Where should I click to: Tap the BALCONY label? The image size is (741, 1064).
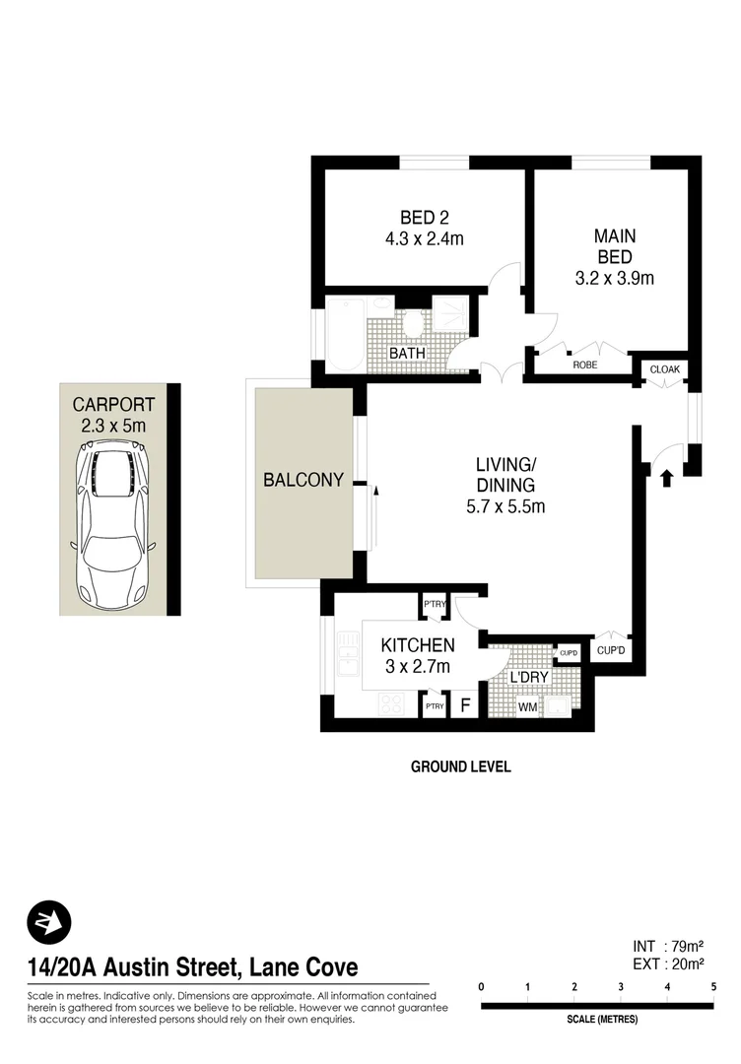[x=303, y=480]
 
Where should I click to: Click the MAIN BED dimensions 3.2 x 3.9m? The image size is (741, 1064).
[x=615, y=278]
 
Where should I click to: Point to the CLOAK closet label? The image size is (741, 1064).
[x=663, y=369]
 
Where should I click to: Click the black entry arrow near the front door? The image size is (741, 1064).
[x=666, y=479]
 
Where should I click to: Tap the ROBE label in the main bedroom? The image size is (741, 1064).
[x=585, y=365]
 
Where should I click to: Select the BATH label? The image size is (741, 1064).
[x=407, y=352]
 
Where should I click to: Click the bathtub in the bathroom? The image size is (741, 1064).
[x=344, y=334]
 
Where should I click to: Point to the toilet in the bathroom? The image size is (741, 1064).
[x=412, y=322]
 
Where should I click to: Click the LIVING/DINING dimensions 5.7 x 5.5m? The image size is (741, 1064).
[x=505, y=507]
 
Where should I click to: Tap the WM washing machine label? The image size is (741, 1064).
[x=527, y=706]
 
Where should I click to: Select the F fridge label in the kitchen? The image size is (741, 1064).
[x=464, y=706]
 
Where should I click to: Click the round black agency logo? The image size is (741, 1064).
[x=49, y=922]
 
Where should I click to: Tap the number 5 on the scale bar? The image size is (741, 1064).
[x=713, y=986]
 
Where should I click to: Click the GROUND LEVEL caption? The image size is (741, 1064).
[x=461, y=766]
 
